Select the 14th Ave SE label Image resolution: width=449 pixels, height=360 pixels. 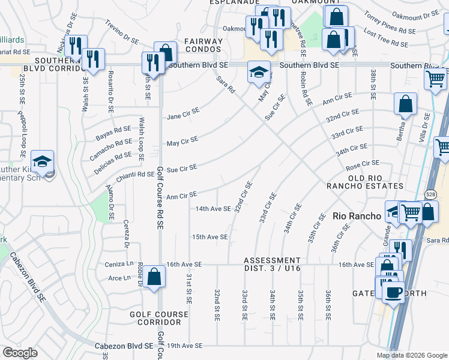(x=212, y=209)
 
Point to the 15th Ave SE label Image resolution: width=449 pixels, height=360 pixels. (x=209, y=237)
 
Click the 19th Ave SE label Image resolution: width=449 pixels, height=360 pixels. (x=185, y=346)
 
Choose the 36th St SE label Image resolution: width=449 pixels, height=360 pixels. (x=328, y=304)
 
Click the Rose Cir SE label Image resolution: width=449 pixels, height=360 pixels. (x=363, y=163)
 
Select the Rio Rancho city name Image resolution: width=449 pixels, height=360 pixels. (x=357, y=216)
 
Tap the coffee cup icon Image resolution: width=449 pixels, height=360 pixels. (x=394, y=292)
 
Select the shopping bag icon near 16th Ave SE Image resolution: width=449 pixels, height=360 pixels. (x=154, y=277)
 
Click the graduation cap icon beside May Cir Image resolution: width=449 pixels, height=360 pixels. (x=258, y=73)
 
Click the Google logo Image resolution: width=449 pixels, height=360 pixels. (x=20, y=352)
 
